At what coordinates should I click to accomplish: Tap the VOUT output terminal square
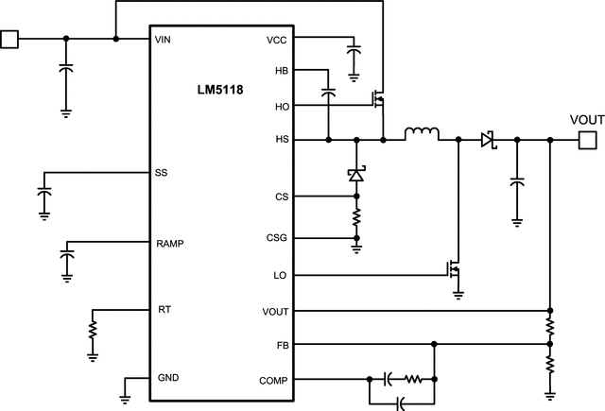pos(587,140)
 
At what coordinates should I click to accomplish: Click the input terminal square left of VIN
pos(9,39)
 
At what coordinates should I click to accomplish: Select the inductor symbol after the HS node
pos(423,134)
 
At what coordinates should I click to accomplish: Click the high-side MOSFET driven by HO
pos(379,97)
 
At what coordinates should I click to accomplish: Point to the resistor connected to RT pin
pos(93,331)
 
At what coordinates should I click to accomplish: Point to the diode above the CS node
pos(356,175)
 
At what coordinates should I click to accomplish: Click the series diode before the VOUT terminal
pos(488,140)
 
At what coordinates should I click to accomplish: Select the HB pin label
pos(282,71)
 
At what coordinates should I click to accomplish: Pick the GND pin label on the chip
pos(166,377)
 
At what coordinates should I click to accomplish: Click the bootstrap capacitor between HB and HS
pos(328,94)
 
